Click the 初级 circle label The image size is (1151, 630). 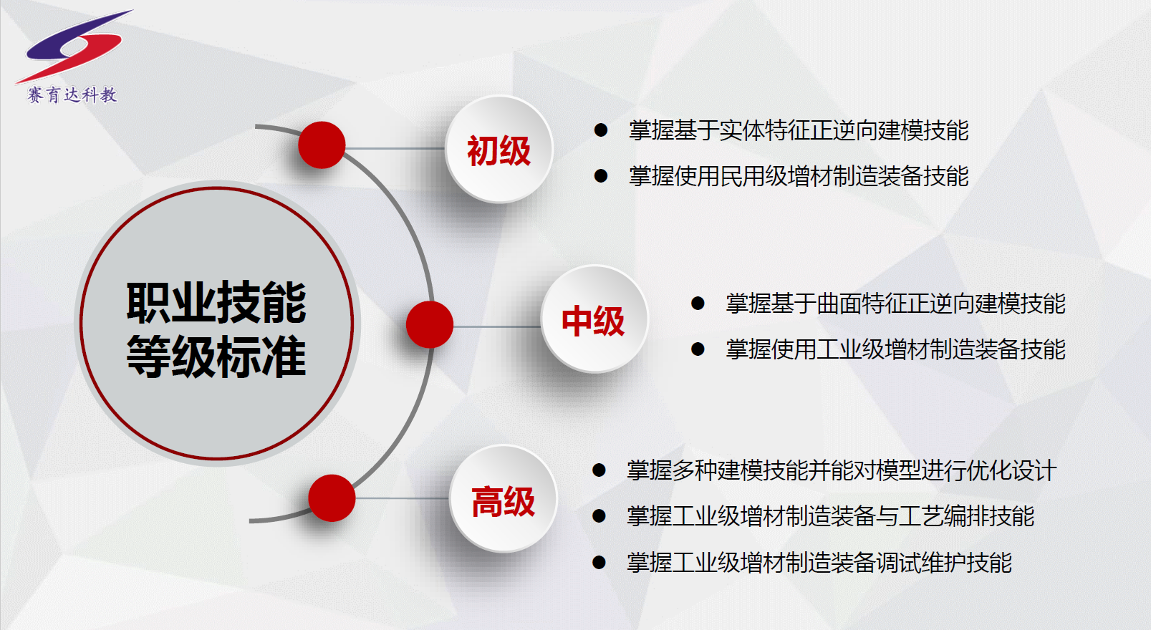pos(499,151)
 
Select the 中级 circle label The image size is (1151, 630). pos(593,321)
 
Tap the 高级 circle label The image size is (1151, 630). pos(503,502)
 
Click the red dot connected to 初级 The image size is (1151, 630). pos(322,145)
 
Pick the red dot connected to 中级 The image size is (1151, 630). pos(430,324)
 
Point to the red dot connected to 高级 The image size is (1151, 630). pos(332,498)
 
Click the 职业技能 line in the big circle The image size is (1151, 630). pos(216,302)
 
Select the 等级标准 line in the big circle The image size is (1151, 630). pos(216,357)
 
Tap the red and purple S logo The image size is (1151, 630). pos(74,47)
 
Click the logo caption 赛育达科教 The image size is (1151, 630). pos(72,95)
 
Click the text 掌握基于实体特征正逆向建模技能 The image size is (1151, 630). pos(799,130)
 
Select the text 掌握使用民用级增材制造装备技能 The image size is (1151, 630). pos(799,176)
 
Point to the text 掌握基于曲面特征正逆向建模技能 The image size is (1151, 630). pos(895,304)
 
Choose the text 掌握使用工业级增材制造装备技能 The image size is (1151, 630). pos(895,349)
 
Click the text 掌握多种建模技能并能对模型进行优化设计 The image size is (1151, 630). pos(841,470)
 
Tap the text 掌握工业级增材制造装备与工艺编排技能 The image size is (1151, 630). pos(830,516)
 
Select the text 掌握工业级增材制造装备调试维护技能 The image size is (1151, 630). pos(819,562)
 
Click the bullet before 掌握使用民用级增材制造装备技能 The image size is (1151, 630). pos(601,176)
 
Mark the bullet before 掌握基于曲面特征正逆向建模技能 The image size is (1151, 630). pos(698,304)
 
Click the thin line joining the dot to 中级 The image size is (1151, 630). pos(497,326)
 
